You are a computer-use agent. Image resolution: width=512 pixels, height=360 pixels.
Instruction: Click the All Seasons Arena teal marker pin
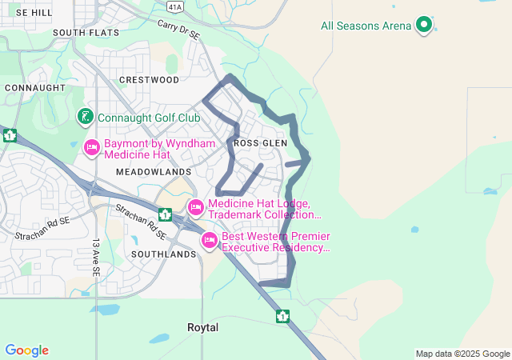[x=424, y=25]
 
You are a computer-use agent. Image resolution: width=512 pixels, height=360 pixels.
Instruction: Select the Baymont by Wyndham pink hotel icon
[x=92, y=148]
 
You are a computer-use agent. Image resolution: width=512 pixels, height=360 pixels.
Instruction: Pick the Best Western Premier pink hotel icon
[x=210, y=240]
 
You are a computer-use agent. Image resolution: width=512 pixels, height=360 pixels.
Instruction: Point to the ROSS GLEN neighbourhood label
[x=260, y=142]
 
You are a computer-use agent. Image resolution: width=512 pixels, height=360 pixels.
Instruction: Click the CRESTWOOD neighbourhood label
[x=149, y=80]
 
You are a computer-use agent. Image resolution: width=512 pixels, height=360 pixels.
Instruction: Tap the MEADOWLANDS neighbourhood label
[x=154, y=172]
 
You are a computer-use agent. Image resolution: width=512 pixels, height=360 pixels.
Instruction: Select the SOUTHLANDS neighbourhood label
[x=163, y=254]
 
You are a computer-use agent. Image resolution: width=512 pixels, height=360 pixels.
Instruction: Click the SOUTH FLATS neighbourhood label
[x=86, y=33]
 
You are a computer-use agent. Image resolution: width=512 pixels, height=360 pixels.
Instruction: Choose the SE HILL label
[x=34, y=14]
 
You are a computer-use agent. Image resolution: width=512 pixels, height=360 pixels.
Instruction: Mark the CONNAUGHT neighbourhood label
[x=34, y=87]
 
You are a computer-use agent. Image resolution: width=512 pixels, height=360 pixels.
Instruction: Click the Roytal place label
[x=202, y=328]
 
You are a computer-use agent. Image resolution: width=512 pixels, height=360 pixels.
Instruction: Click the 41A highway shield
[x=175, y=6]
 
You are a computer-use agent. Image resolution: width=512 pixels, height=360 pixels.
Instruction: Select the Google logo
[x=26, y=350]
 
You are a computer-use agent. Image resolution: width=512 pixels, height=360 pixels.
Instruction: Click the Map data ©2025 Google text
[x=462, y=354]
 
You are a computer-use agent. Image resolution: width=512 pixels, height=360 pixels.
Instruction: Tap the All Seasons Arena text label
[x=366, y=26]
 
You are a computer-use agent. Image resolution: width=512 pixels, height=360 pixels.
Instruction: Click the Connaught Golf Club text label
[x=149, y=118]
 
